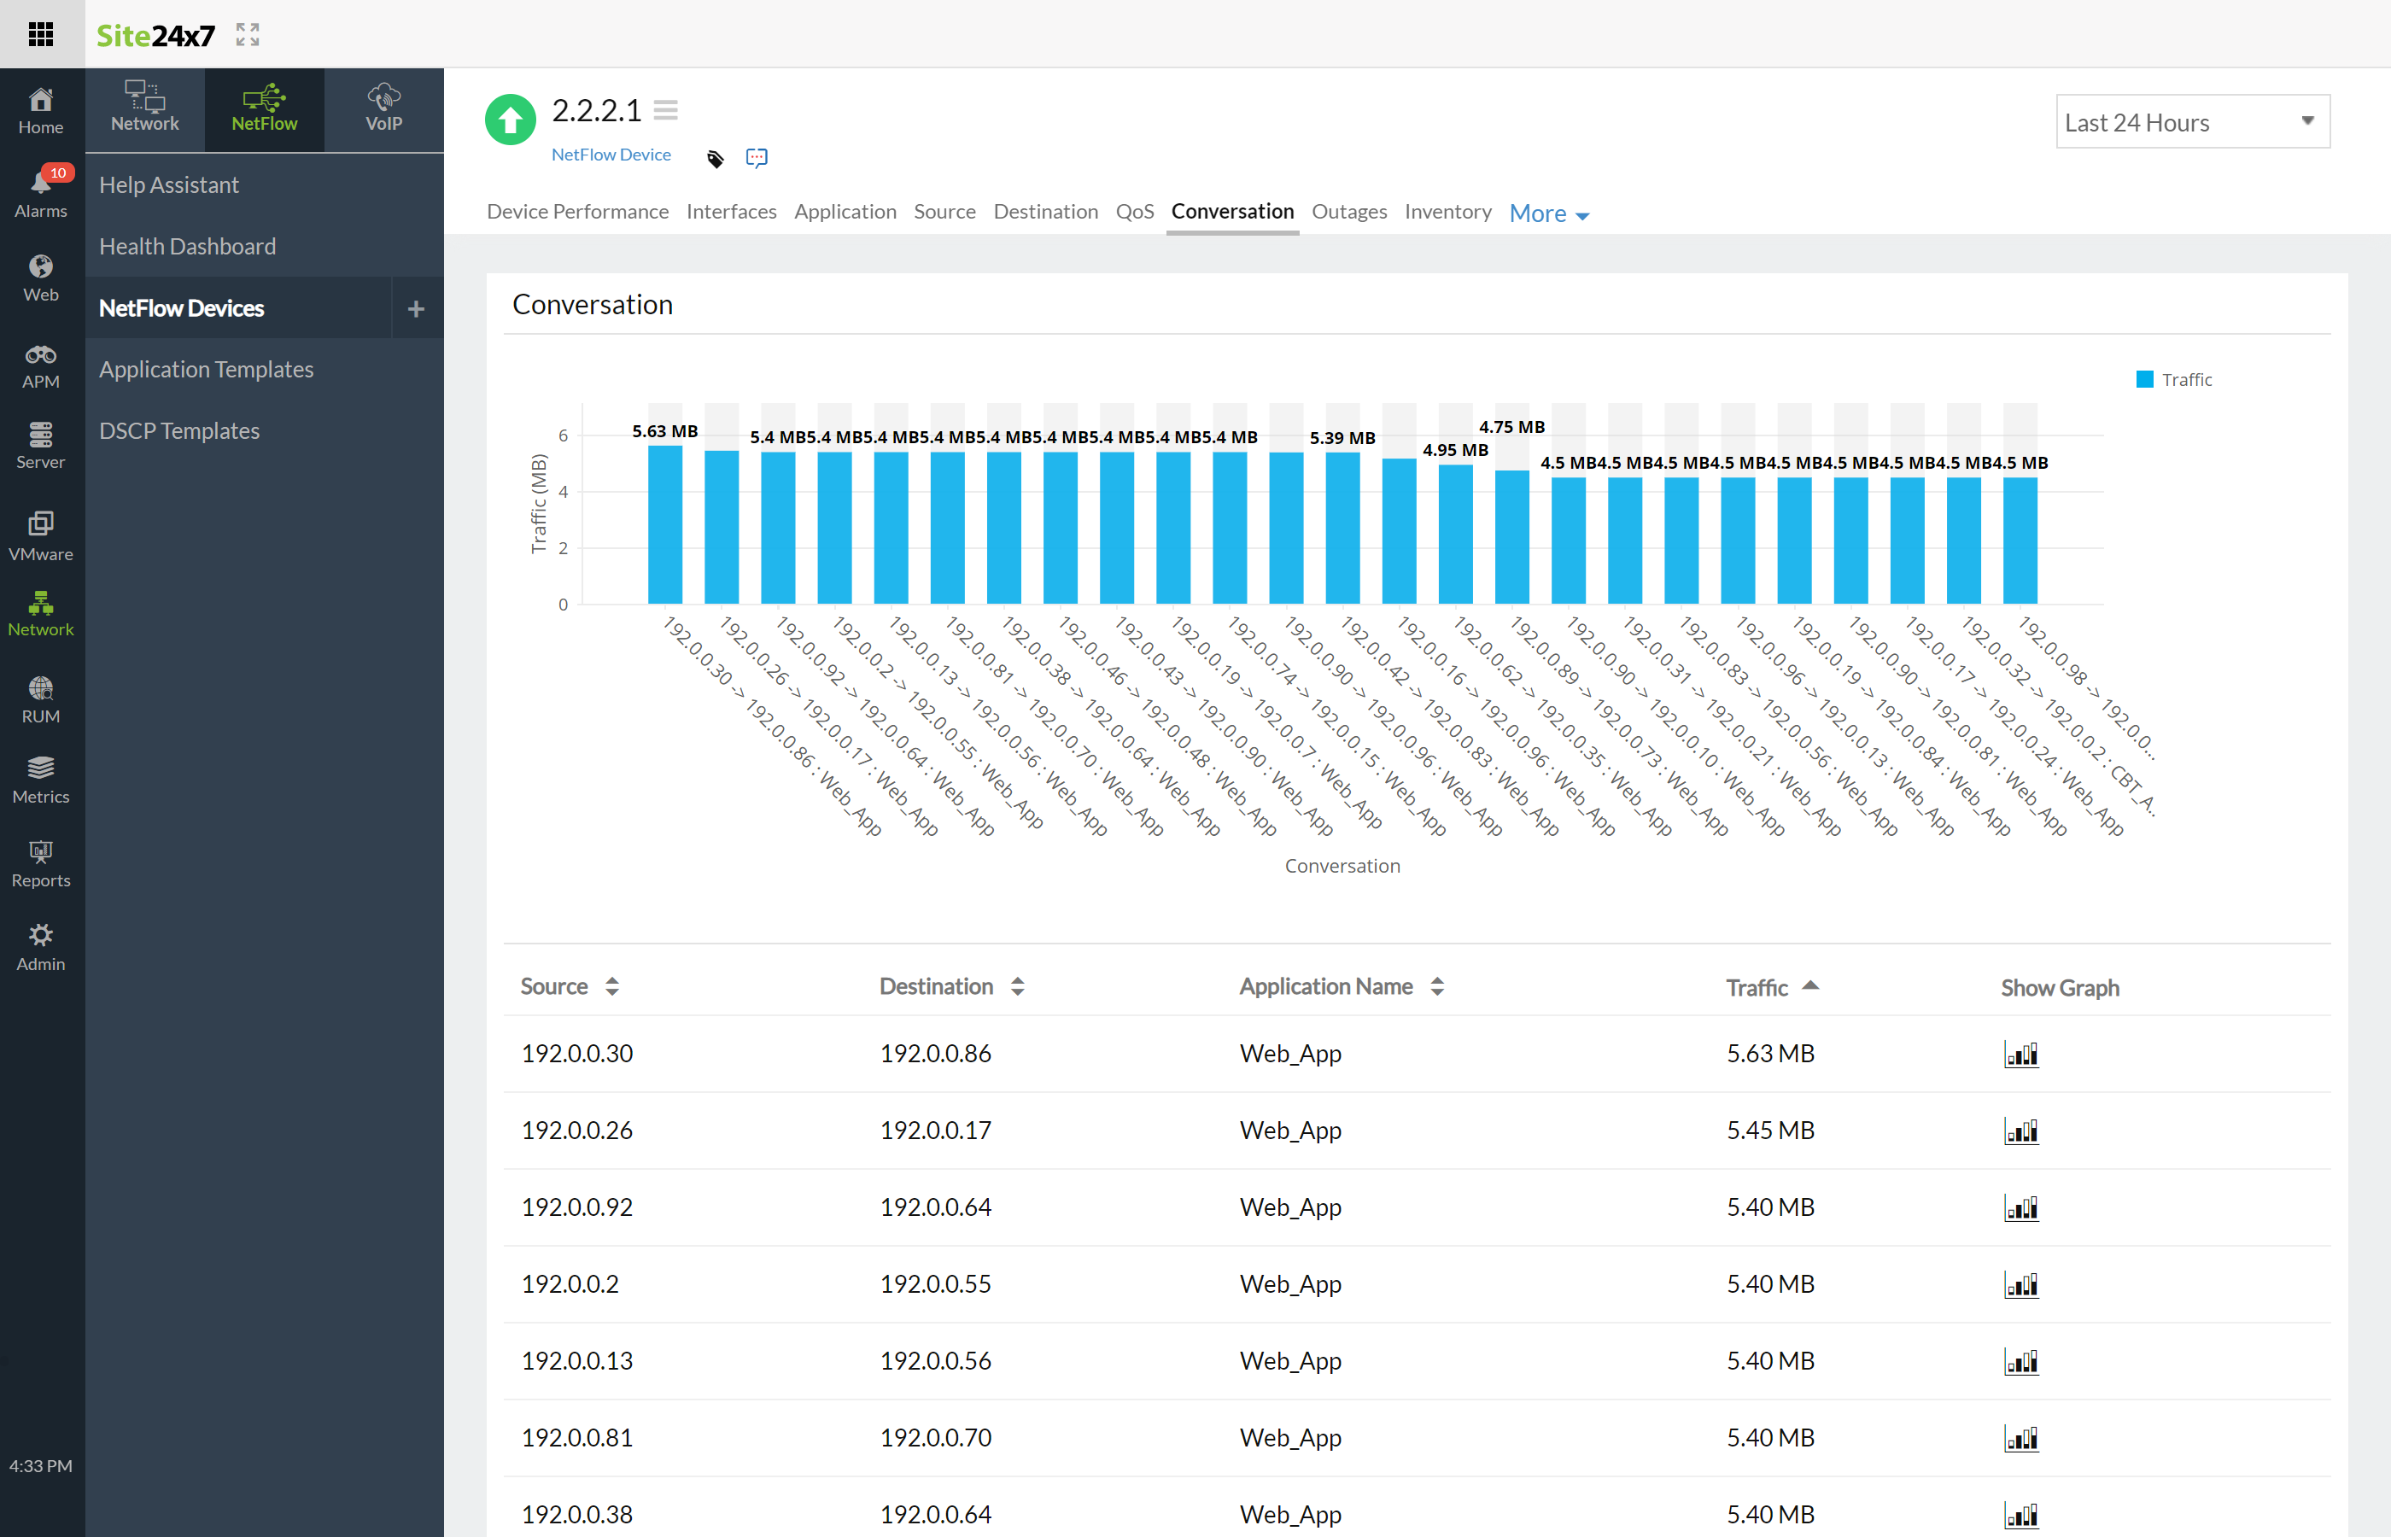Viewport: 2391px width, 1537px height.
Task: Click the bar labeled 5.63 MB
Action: [664, 524]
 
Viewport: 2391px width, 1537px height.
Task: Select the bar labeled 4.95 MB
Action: [1455, 534]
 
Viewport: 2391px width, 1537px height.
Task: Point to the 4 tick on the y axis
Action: [563, 492]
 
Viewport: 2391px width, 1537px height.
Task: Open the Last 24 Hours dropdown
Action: [2191, 122]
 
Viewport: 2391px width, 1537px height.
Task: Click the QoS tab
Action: [1134, 212]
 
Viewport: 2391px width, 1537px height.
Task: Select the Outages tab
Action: [1348, 212]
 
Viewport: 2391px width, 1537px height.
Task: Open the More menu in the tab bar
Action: [1548, 213]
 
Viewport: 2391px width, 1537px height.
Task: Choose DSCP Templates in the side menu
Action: [179, 431]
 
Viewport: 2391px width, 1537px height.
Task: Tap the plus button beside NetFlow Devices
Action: [416, 309]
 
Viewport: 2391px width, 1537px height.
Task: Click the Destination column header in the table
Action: [936, 987]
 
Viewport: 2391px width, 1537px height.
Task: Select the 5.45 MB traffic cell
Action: [1770, 1131]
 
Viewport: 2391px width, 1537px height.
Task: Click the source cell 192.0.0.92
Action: [576, 1207]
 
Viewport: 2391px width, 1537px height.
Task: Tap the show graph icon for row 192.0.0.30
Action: [2020, 1055]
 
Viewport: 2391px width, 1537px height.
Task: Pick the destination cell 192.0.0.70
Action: [935, 1438]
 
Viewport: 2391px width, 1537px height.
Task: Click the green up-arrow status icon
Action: [510, 120]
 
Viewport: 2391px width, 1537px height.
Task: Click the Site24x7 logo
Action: [155, 36]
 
